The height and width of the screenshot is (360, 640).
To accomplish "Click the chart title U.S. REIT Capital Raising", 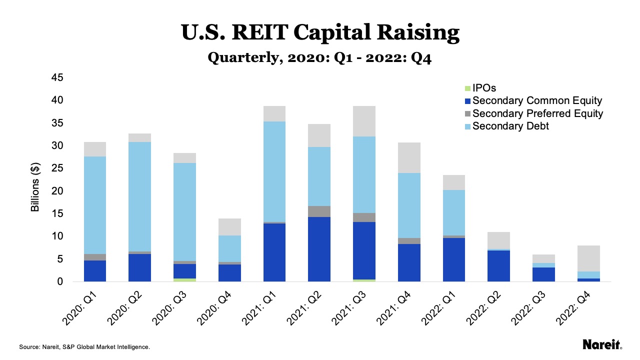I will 320,33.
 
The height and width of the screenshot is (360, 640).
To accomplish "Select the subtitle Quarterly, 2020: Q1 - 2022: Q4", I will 320,58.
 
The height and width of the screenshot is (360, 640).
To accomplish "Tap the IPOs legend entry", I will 484,87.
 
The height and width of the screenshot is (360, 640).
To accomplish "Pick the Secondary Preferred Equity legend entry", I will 537,113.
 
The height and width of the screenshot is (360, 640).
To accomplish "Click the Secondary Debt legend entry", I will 510,126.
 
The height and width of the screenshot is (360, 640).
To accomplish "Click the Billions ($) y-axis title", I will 35,191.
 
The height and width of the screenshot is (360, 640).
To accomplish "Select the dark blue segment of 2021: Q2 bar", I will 316,249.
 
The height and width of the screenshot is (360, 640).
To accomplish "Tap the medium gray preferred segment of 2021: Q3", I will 361,217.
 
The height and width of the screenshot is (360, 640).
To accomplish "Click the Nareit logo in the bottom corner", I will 602,344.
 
